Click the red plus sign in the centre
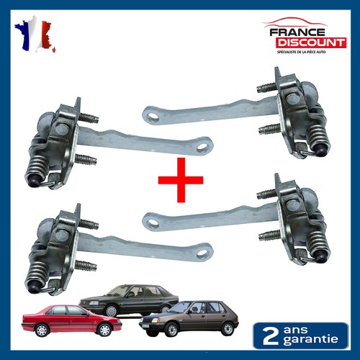181,180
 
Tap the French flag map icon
35,34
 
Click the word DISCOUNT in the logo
311,42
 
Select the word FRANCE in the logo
297,32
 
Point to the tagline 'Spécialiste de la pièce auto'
302,52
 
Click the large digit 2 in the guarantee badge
271,336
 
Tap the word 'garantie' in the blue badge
310,340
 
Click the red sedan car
72,320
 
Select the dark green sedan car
129,300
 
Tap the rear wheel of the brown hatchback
228,329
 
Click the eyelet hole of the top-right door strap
152,117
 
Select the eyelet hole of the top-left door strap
203,146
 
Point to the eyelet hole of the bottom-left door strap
203,253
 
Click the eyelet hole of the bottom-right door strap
152,222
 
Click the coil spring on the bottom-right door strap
318,243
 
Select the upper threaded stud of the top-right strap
266,87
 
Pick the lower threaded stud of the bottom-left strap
86,266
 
